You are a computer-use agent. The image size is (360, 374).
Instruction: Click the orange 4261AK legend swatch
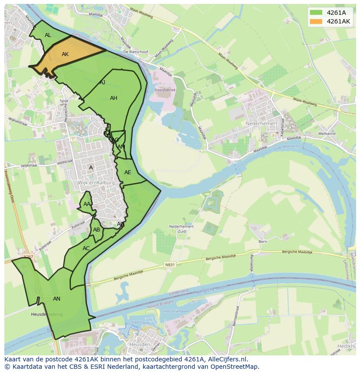316,21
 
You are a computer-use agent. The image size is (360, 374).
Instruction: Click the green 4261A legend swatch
316,13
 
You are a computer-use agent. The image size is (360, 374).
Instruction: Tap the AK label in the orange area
65,54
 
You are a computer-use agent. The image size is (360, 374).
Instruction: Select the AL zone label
48,35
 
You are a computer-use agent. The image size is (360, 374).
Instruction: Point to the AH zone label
113,98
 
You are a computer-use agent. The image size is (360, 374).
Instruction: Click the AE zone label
127,172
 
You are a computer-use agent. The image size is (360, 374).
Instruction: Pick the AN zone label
57,299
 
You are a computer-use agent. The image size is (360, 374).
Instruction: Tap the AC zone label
86,248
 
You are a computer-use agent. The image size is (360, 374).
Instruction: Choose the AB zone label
97,230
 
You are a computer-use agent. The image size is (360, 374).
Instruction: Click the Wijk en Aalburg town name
97,183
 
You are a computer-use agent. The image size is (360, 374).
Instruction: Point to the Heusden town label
140,344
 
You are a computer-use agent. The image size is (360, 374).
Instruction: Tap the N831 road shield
170,264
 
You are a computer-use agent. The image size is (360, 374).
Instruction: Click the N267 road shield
28,257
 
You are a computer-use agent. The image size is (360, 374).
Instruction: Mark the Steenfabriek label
165,90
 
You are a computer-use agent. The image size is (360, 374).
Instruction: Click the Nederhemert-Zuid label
181,229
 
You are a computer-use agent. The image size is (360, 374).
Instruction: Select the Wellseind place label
327,134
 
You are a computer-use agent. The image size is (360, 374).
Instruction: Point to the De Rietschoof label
136,52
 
